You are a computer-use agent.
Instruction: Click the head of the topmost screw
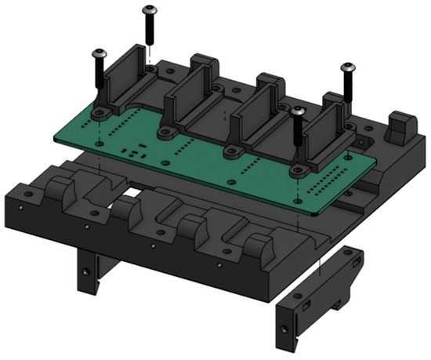click(x=148, y=10)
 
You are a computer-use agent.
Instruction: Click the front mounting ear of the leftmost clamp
click(x=100, y=114)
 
